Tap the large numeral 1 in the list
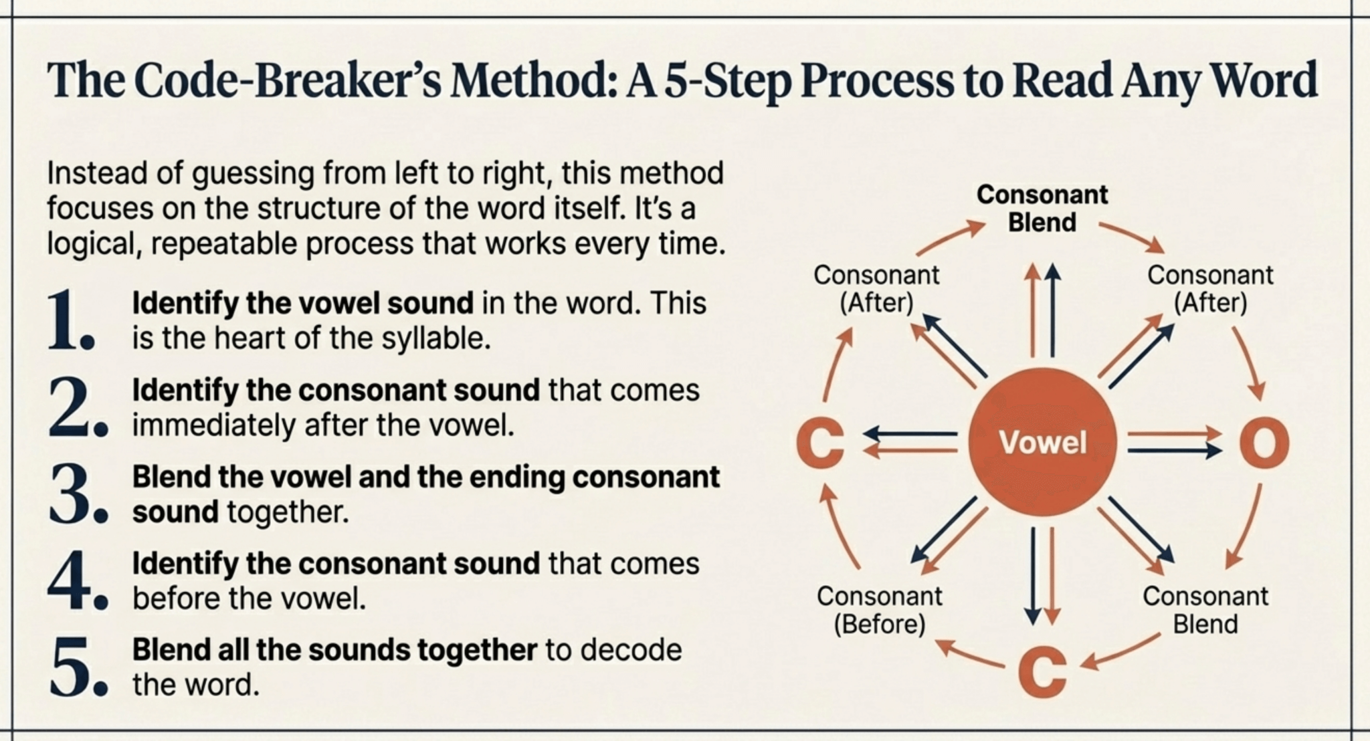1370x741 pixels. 67,322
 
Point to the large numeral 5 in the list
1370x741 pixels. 70,667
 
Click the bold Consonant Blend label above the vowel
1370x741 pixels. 1042,208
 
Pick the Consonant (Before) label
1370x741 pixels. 879,610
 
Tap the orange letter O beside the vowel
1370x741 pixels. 1264,443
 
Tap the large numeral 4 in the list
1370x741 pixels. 68,581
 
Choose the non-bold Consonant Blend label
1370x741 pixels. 1205,610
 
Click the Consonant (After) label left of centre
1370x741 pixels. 876,289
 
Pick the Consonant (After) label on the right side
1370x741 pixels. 1210,289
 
